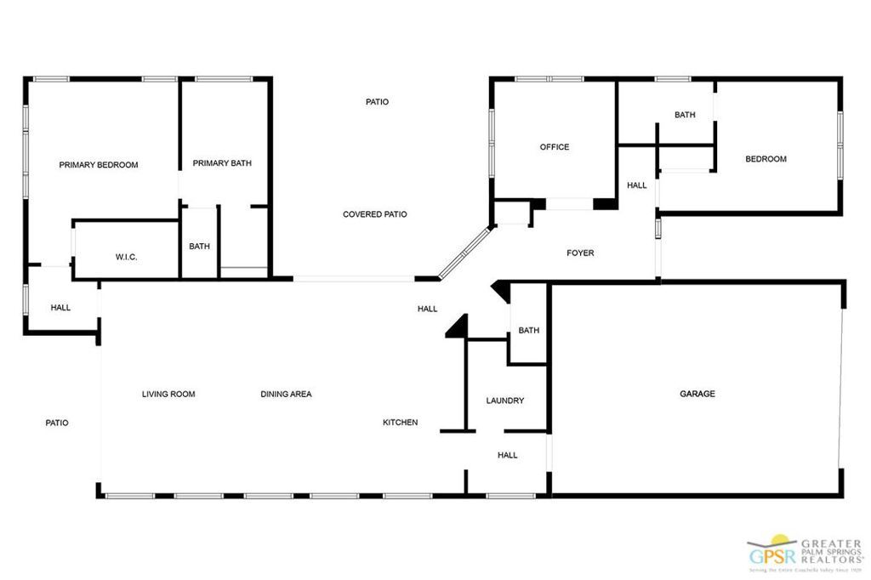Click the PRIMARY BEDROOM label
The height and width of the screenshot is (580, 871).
(98, 165)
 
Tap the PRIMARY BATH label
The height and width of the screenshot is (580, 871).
(222, 163)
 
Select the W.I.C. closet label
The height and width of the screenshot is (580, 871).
(127, 257)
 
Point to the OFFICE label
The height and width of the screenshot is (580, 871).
(555, 147)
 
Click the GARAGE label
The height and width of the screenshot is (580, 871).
(697, 394)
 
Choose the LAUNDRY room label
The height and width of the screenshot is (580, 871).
(505, 401)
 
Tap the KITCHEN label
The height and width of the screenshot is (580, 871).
(400, 423)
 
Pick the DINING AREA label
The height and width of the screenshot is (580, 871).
(286, 394)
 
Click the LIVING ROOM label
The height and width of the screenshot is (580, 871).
(168, 394)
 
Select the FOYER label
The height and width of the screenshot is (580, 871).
(581, 253)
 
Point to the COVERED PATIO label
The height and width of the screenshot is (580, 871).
(375, 214)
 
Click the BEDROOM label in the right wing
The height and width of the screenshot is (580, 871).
(766, 159)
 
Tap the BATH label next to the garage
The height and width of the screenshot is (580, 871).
(529, 331)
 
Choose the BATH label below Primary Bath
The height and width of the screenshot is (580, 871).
(199, 247)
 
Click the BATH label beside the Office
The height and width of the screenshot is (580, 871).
(685, 115)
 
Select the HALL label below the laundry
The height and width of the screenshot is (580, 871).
(508, 455)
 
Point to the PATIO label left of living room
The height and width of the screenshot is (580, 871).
(57, 423)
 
